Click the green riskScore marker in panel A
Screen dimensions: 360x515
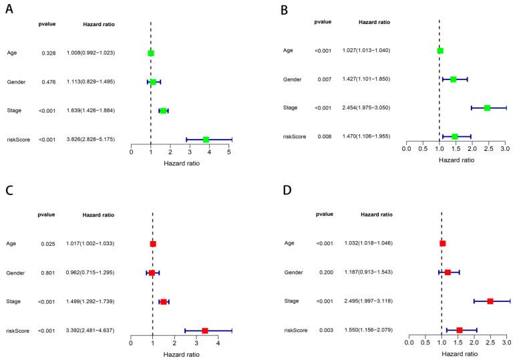pyautogui.click(x=206, y=139)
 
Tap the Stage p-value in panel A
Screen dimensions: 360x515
pyautogui.click(x=47, y=110)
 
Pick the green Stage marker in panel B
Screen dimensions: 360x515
pyautogui.click(x=487, y=108)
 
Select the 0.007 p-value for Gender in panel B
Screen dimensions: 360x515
pyautogui.click(x=323, y=79)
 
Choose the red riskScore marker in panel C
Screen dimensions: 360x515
pyautogui.click(x=205, y=330)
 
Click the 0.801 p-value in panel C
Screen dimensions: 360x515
pyautogui.click(x=47, y=273)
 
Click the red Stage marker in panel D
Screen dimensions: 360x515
pyautogui.click(x=490, y=301)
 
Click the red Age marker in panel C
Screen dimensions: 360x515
pyautogui.click(x=153, y=244)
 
